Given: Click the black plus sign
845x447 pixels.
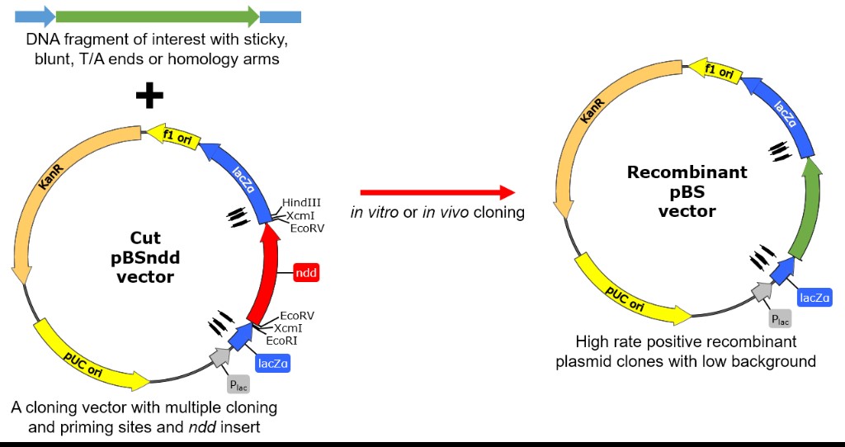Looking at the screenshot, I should click(x=149, y=96).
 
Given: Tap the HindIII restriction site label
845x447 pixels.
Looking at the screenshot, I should click(x=301, y=202).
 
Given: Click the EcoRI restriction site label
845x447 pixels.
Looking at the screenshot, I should click(x=281, y=339).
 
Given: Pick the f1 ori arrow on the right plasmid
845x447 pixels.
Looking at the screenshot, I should click(x=718, y=73).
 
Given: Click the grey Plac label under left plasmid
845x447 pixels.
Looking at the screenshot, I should click(x=237, y=383).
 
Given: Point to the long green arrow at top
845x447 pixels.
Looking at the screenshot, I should click(x=158, y=16).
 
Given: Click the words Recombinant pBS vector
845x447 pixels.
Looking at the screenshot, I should click(x=687, y=191).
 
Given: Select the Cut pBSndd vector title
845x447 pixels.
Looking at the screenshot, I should click(x=145, y=257).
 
